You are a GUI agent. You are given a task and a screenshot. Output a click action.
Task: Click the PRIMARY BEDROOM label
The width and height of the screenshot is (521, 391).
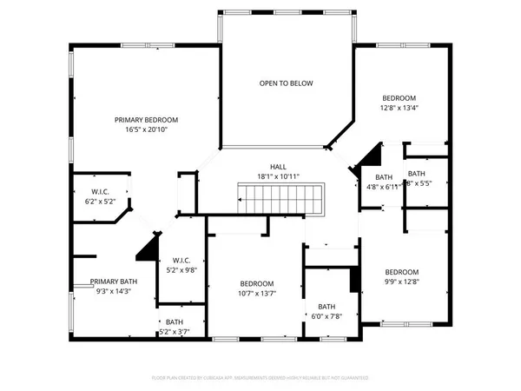click(x=147, y=119)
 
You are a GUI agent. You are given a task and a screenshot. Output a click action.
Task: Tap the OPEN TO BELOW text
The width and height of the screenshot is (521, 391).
click(x=286, y=83)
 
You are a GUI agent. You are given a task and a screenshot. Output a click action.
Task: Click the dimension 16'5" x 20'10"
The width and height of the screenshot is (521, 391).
click(x=147, y=129)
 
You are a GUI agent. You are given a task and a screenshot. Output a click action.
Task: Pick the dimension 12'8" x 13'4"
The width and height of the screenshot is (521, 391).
click(x=399, y=108)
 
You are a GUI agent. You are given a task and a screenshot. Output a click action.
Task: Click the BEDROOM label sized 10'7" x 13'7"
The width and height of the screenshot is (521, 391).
click(x=258, y=284)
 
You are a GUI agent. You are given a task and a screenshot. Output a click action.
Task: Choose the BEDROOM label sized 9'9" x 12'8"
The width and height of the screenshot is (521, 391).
click(x=402, y=271)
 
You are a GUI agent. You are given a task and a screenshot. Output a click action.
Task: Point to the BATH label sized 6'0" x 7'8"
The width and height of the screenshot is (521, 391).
click(x=326, y=307)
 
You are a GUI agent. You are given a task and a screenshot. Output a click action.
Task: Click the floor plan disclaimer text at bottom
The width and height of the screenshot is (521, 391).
click(x=260, y=379)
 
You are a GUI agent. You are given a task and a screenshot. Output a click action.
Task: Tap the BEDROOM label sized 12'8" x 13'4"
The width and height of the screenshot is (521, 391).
click(x=399, y=97)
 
